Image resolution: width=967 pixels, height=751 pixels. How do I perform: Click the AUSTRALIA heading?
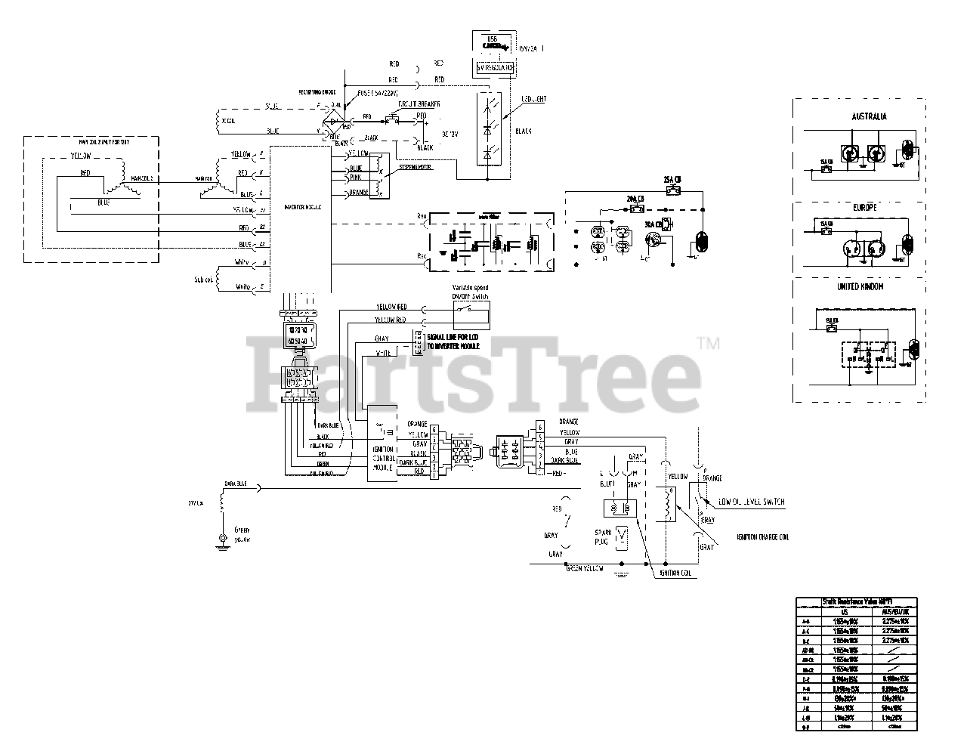point(869,116)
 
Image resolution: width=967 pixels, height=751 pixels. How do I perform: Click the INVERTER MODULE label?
point(302,206)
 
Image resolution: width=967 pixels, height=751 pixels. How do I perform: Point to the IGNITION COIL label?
point(675,573)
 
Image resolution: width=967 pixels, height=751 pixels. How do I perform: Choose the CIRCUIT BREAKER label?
point(416,103)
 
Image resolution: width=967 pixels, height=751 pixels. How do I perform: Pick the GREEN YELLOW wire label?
point(585,569)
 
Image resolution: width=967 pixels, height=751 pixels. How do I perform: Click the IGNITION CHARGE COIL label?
point(762,537)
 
